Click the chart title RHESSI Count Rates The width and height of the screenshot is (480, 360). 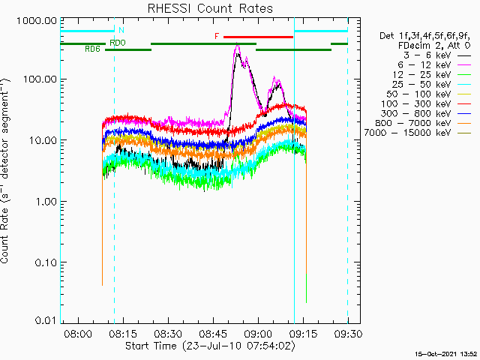pyautogui.click(x=209, y=9)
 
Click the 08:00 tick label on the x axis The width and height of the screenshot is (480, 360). pyautogui.click(x=78, y=334)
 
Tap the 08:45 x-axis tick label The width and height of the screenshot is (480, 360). pyautogui.click(x=214, y=334)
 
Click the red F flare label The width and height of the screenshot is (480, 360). pyautogui.click(x=217, y=36)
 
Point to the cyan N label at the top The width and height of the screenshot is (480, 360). pyautogui.click(x=121, y=30)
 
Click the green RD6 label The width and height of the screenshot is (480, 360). pyautogui.click(x=92, y=49)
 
